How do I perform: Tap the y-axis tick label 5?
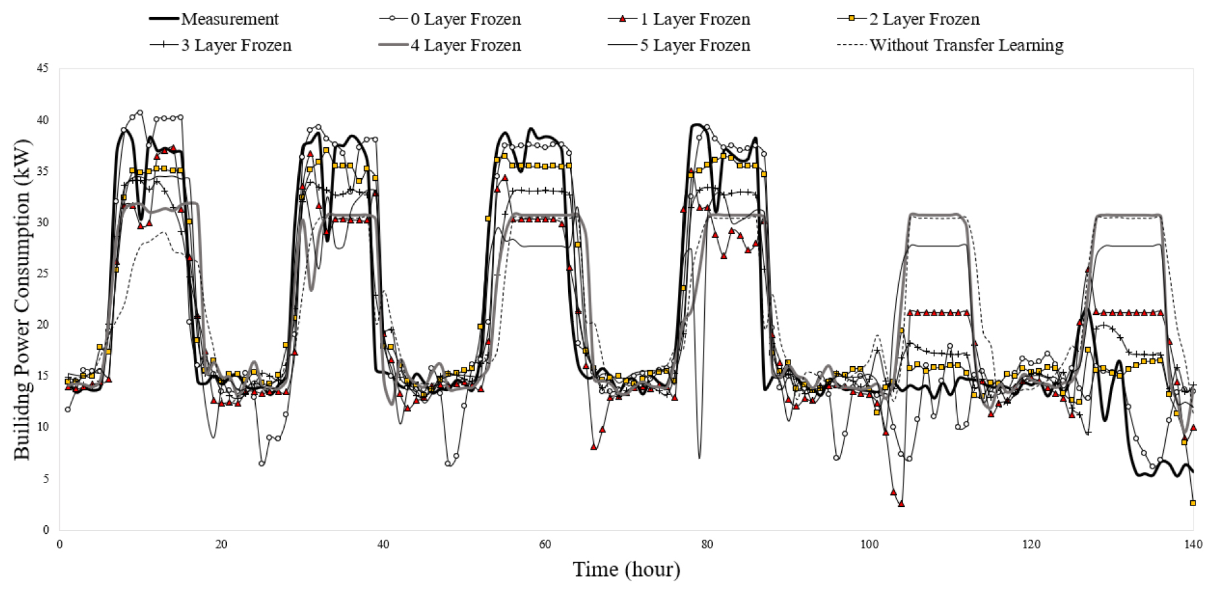pyautogui.click(x=45, y=479)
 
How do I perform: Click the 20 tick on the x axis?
pyautogui.click(x=221, y=544)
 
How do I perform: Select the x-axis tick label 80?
pyautogui.click(x=707, y=544)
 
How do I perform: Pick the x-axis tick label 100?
pyautogui.click(x=869, y=544)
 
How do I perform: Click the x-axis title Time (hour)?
pyautogui.click(x=626, y=569)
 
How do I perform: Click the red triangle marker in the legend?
pyautogui.click(x=623, y=19)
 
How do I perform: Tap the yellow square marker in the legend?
pyautogui.click(x=852, y=19)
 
